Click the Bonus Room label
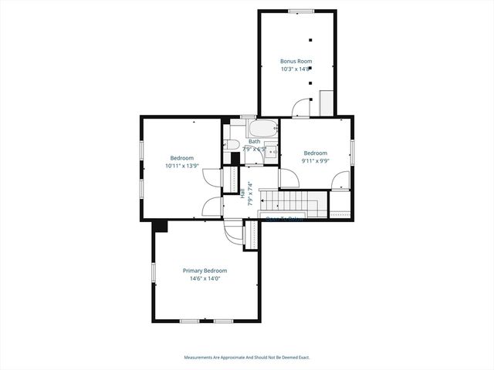coord(296,60)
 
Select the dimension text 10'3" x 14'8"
coord(296,69)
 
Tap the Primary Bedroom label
coord(205,271)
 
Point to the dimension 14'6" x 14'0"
coord(205,279)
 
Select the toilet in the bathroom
coord(233,144)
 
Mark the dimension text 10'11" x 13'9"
coord(182,166)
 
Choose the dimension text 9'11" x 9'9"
coord(315,161)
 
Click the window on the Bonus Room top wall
coord(299,11)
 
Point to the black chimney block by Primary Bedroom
coord(160,225)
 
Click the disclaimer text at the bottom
coord(247,357)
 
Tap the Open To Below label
coord(283,218)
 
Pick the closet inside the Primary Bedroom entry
coord(251,235)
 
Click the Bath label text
coord(254,141)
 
